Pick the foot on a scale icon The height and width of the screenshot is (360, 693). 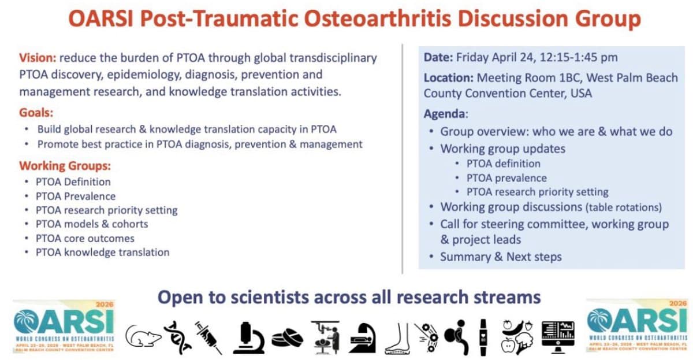click(x=398, y=337)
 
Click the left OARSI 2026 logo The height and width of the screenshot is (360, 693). click(x=64, y=326)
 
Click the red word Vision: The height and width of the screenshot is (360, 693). click(x=38, y=58)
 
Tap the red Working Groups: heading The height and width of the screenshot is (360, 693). click(x=65, y=166)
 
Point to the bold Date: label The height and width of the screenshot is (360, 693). click(x=438, y=57)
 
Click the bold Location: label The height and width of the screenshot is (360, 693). click(x=448, y=77)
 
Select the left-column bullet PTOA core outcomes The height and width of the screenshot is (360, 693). click(x=85, y=238)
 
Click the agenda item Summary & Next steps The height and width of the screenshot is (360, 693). click(x=501, y=257)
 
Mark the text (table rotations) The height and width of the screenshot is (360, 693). click(x=624, y=207)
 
